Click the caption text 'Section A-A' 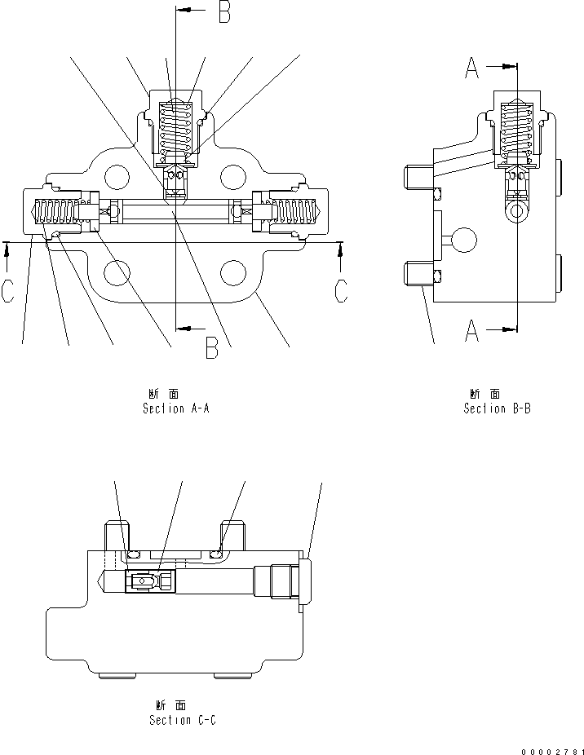pyautogui.click(x=176, y=408)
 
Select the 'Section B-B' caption pyautogui.click(x=497, y=408)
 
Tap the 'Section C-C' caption pyautogui.click(x=183, y=720)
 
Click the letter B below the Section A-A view pyautogui.click(x=211, y=348)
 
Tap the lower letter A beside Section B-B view pyautogui.click(x=471, y=331)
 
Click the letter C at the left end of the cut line pyautogui.click(x=7, y=291)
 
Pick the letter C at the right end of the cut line pyautogui.click(x=343, y=291)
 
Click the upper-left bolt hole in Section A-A pyautogui.click(x=117, y=175)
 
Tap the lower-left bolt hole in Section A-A pyautogui.click(x=117, y=273)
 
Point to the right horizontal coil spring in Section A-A pyautogui.click(x=292, y=213)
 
